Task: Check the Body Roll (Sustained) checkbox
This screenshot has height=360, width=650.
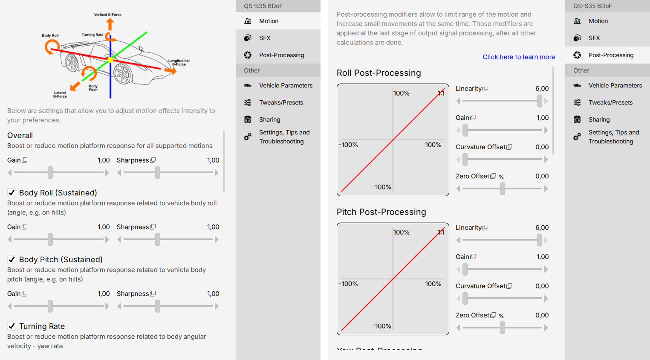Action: (x=12, y=192)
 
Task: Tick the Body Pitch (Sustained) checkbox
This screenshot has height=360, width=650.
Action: (x=12, y=259)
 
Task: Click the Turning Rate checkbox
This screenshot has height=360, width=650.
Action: (x=12, y=326)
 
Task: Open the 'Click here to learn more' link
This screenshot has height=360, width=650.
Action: (x=519, y=57)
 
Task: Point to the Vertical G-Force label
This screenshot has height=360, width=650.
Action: (x=108, y=15)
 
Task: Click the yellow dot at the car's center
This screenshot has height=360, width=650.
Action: (x=110, y=60)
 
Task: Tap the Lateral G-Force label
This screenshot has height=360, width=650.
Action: (x=60, y=94)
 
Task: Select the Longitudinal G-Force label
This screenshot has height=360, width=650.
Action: (x=179, y=62)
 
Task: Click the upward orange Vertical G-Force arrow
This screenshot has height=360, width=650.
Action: (x=110, y=24)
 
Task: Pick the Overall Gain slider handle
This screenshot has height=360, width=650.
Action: (x=50, y=172)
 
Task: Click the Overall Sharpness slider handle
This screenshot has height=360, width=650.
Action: (x=158, y=172)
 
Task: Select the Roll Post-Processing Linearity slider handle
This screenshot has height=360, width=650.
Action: (x=540, y=101)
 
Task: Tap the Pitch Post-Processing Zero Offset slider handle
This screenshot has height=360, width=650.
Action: (x=503, y=328)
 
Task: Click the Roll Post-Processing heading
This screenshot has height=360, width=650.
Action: (x=378, y=73)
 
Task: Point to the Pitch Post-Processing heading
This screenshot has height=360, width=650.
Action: (x=381, y=212)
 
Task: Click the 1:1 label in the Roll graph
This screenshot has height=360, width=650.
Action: (x=441, y=93)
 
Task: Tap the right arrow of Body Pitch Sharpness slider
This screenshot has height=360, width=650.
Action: (x=217, y=306)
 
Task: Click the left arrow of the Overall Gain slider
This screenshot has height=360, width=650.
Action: (x=10, y=173)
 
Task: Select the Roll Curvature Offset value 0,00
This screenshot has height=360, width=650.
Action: (x=542, y=147)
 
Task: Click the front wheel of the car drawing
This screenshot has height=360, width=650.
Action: (x=122, y=73)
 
